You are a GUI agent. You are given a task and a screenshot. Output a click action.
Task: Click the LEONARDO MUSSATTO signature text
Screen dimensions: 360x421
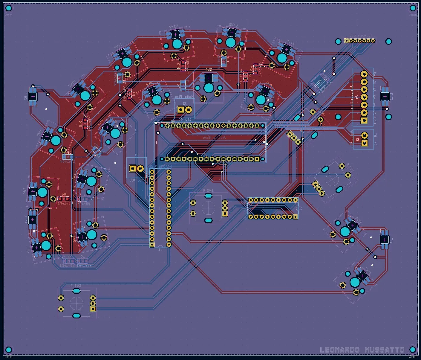pyautogui.click(x=362, y=350)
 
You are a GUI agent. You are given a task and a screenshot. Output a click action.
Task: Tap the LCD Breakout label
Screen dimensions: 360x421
pyautogui.click(x=361, y=36)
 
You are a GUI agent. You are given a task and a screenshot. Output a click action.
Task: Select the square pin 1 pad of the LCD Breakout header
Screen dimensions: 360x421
pyautogui.click(x=347, y=41)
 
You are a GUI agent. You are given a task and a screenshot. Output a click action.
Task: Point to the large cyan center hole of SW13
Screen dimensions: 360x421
pyautogui.click(x=230, y=42)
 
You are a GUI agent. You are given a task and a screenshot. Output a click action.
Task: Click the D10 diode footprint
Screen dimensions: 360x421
pyautogui.click(x=85, y=123)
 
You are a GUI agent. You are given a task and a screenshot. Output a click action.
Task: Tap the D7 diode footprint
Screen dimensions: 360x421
pyautogui.click(x=69, y=261)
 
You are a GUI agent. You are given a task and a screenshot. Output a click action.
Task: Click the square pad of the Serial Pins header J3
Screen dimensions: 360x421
pyautogui.click(x=364, y=143)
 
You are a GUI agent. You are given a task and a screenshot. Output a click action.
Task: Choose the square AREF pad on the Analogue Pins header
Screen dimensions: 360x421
pyautogui.click(x=364, y=120)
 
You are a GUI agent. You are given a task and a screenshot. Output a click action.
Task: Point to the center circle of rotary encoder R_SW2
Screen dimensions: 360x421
pyautogui.click(x=76, y=303)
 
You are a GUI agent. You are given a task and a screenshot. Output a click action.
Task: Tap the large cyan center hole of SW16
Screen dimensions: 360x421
pyautogui.click(x=345, y=231)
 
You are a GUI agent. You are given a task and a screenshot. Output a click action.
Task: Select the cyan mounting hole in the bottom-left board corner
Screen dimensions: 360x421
pyautogui.click(x=9, y=350)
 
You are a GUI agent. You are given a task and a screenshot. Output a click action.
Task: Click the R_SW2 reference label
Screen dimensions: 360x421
pyautogui.click(x=76, y=286)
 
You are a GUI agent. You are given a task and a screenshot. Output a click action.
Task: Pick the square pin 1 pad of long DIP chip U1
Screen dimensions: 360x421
pyautogui.click(x=152, y=245)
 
